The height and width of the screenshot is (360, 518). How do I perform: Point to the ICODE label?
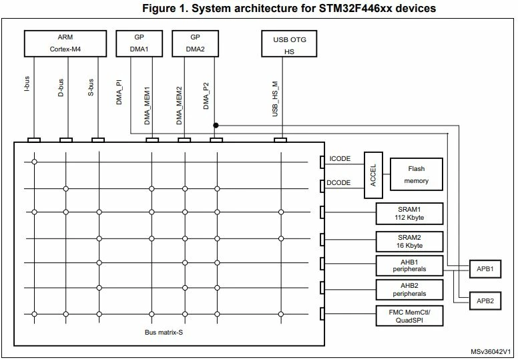coord(340,159)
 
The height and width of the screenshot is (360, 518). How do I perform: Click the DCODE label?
coord(338,183)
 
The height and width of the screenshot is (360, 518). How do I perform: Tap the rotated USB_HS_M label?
coord(275,99)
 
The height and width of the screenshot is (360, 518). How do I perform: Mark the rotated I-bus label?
coord(27,84)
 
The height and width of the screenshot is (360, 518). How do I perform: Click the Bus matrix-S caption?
coord(164,332)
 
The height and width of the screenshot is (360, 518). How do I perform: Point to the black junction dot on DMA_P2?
coord(216,126)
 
